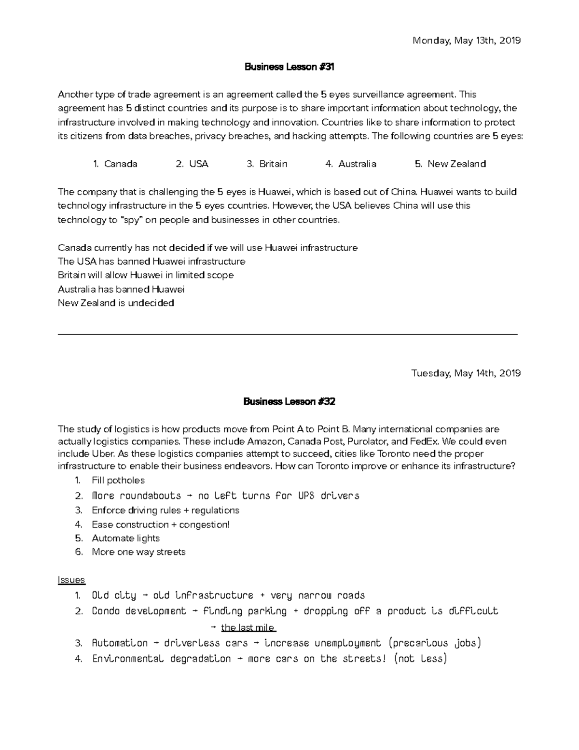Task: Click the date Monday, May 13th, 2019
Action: pos(466,41)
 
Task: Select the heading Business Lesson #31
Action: pos(289,67)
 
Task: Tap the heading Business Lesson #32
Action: pos(289,401)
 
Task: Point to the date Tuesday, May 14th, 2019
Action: pos(466,373)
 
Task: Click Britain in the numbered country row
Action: pos(273,164)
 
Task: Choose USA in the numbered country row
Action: pos(198,164)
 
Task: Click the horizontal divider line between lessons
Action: pos(288,334)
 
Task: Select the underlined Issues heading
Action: pos(71,580)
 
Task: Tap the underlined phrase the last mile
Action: pos(248,628)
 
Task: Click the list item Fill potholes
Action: pos(118,481)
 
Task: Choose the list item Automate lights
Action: pos(125,538)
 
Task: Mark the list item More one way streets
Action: pos(138,552)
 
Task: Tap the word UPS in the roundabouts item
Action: pos(306,496)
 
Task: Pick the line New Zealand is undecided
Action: pos(116,303)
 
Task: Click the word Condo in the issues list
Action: pos(106,611)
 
